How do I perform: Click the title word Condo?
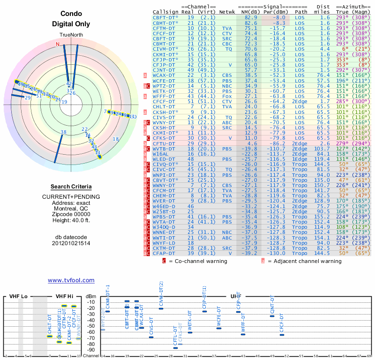[71, 14]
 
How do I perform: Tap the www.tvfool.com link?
[71, 280]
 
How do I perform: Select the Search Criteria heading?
[71, 187]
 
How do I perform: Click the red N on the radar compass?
[58, 45]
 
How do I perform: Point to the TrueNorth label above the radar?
[71, 35]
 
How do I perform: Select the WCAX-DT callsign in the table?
[164, 75]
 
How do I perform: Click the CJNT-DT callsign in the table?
[164, 70]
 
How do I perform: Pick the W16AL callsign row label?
[161, 153]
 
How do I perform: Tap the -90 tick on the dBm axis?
[90, 350]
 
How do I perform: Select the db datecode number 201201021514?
[71, 243]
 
